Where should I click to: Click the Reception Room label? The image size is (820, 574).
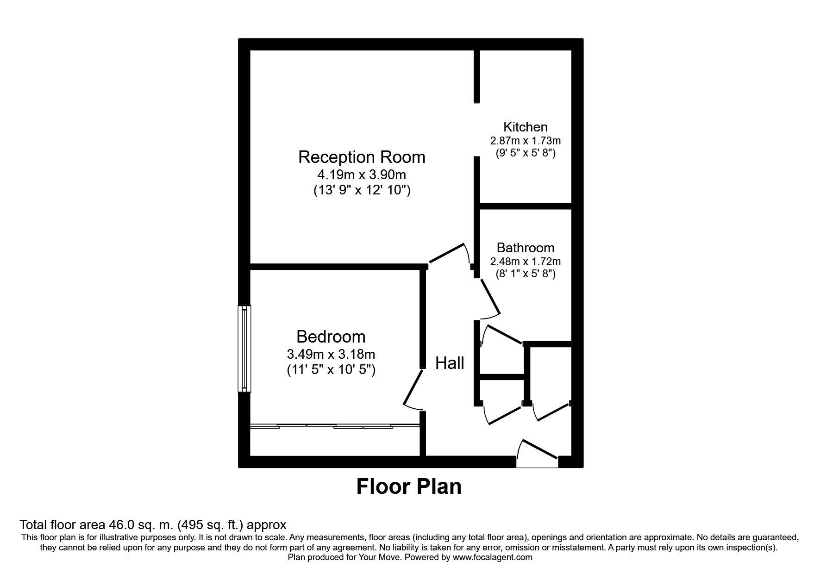click(x=362, y=157)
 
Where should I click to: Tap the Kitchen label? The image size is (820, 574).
click(x=526, y=127)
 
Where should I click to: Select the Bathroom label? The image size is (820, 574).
click(x=526, y=248)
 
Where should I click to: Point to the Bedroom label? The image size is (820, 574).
click(x=331, y=337)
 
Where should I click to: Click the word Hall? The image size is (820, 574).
click(x=450, y=363)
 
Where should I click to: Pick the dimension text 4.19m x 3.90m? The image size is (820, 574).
click(x=362, y=175)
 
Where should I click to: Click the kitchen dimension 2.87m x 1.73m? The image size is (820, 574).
click(x=526, y=140)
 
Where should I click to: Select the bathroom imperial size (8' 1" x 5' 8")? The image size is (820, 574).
click(x=526, y=274)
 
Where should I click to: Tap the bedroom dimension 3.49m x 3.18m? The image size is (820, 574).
click(x=331, y=355)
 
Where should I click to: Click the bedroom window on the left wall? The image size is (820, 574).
click(x=244, y=349)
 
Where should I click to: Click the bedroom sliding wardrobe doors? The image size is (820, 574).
click(x=335, y=426)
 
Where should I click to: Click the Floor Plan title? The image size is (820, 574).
click(x=409, y=487)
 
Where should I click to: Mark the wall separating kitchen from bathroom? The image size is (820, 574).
click(x=526, y=206)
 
